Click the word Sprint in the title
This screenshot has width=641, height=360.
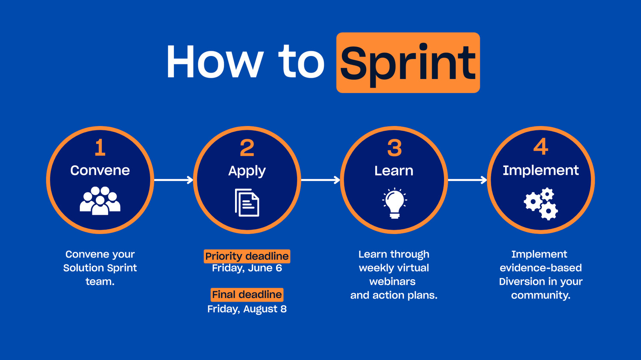[x=408, y=63]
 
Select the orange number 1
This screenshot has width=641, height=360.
[x=100, y=148]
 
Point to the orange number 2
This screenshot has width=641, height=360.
[x=247, y=148]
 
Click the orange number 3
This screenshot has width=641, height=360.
[x=394, y=148]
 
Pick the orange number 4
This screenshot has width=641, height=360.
[x=541, y=147]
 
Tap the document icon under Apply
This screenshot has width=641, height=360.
[x=247, y=202]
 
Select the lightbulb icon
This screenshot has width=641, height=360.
[x=394, y=203]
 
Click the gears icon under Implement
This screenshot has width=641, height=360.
[x=541, y=204]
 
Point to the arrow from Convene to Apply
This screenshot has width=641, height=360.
[x=173, y=180]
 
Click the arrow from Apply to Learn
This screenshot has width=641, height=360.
[x=320, y=180]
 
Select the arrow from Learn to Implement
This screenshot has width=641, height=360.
[x=467, y=180]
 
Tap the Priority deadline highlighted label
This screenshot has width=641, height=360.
[x=247, y=256]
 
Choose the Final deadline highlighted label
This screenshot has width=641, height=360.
[x=247, y=295]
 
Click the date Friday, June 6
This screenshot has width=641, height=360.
[x=247, y=268]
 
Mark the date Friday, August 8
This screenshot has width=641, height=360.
[x=247, y=309]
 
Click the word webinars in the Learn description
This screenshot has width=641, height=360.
[x=392, y=281]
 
